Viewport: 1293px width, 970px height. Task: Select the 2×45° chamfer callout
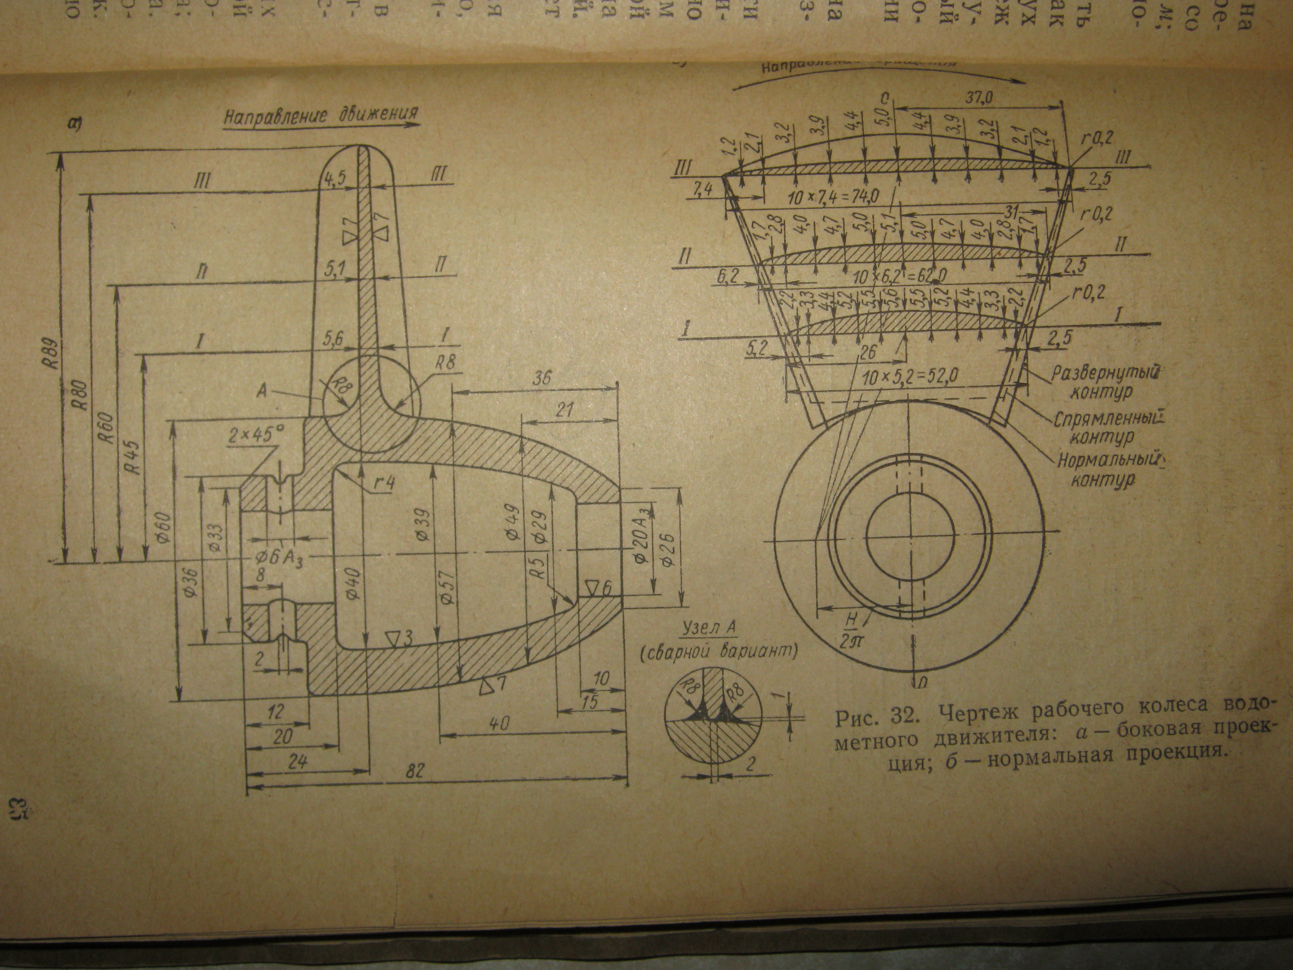tap(257, 434)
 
